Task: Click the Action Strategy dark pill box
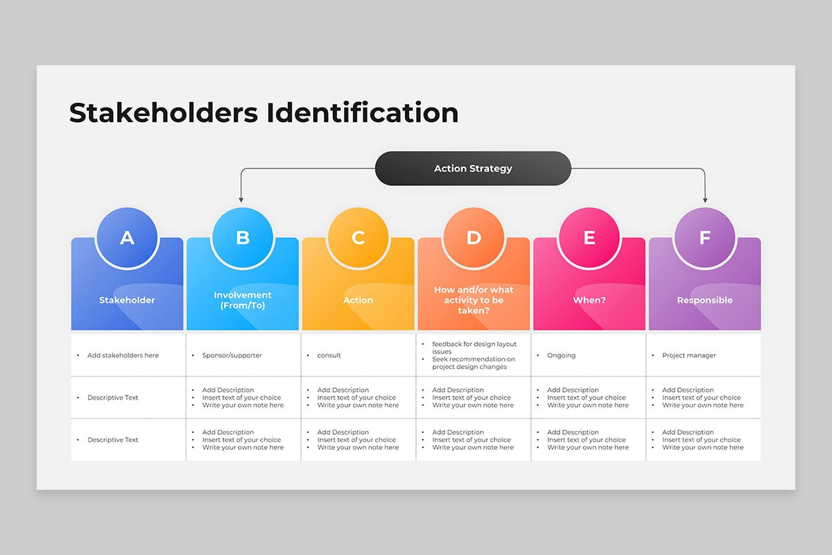pos(473,169)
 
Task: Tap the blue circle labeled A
pos(127,238)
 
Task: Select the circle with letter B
pos(243,238)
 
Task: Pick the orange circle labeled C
pos(358,238)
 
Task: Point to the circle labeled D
pos(474,238)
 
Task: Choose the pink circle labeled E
pos(589,238)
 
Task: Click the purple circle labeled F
pos(704,238)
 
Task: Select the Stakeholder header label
pos(127,300)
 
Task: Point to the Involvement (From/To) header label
pos(243,300)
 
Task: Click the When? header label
pos(589,300)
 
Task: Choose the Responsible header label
pos(704,300)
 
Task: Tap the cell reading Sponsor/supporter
pos(232,355)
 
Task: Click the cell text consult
pos(329,355)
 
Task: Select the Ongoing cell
pos(561,355)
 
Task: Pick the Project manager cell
pos(688,355)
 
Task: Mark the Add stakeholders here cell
pos(123,355)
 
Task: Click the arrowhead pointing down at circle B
pos(241,199)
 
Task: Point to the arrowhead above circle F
pos(705,199)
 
